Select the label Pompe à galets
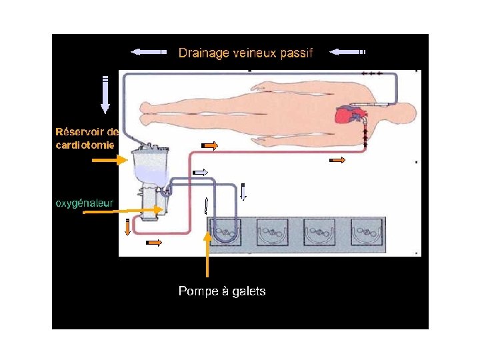[222, 291]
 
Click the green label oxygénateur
[84, 203]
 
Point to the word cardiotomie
[85, 144]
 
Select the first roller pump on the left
[225, 232]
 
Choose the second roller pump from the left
[272, 232]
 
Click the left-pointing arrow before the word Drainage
[148, 51]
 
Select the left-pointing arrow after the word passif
[347, 51]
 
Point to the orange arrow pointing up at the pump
[207, 257]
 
